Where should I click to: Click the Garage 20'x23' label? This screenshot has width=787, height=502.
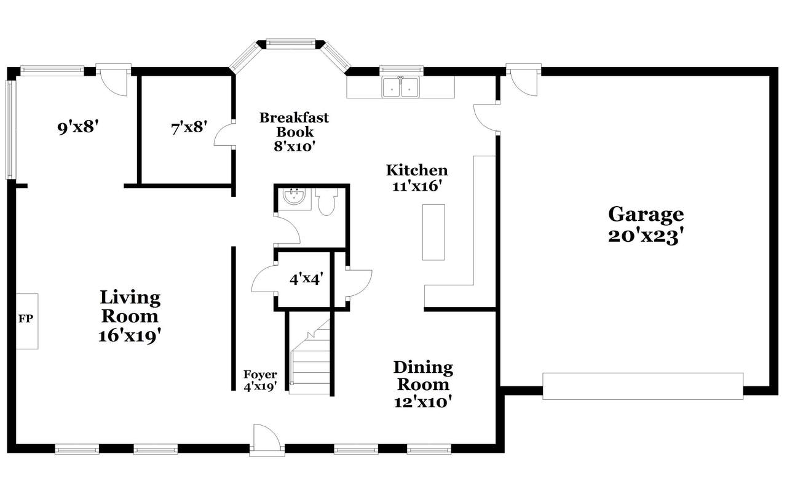pos(646,225)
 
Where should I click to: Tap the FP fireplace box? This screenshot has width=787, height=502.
pos(27,321)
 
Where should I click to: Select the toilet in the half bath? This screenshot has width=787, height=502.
pos(326,201)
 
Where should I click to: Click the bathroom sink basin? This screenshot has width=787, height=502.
pos(295,197)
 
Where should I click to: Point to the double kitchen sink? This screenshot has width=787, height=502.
pos(400,87)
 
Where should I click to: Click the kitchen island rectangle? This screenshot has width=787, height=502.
pos(433,233)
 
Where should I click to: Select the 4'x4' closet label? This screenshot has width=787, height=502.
pos(306,279)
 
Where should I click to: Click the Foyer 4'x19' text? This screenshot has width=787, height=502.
pos(260,380)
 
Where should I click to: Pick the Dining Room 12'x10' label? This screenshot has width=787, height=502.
pos(423,384)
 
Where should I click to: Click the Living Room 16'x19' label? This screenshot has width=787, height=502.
pos(130,316)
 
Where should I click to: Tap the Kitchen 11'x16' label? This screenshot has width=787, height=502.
pos(417,178)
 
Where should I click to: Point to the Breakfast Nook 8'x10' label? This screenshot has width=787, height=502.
pos(294,132)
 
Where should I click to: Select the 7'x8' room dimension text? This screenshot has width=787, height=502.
pos(189,127)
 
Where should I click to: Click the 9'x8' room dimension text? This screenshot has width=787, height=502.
pos(77,127)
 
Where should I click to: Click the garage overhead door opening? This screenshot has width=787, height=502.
pos(643,386)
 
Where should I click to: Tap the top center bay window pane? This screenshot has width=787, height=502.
pos(291,43)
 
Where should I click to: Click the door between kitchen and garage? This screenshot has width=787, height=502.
pos(486,118)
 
